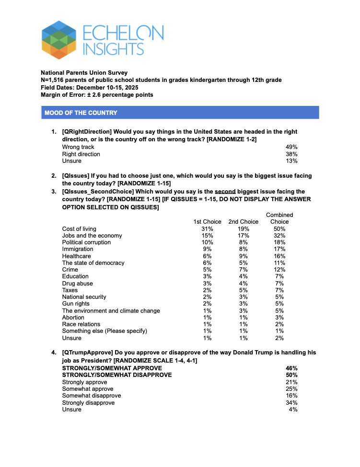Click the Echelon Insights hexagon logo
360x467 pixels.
59,40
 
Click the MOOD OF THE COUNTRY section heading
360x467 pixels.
81,113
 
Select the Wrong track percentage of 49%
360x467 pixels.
291,147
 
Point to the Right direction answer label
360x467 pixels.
81,154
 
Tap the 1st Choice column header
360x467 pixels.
207,222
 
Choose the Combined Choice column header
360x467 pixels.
279,218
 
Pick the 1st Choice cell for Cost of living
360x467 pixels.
207,229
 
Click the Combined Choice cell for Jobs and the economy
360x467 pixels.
279,236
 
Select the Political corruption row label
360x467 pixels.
86,242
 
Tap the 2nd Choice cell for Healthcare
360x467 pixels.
243,256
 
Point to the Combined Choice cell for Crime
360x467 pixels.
279,270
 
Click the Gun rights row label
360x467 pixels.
76,304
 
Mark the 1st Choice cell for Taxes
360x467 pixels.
207,290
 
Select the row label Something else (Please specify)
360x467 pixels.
105,331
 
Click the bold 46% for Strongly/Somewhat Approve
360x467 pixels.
291,368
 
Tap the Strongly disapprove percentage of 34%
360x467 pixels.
291,403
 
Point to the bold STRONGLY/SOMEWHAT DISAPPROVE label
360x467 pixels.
117,375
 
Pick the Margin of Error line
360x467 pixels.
97,95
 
